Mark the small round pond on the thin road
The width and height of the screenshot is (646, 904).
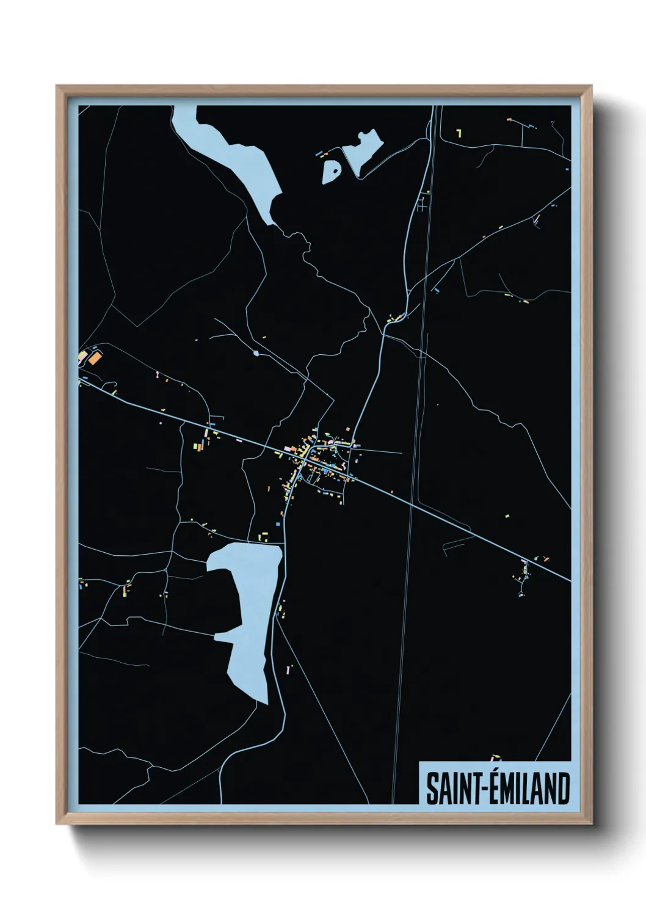[256, 353]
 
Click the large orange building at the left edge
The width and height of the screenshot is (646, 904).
[94, 358]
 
